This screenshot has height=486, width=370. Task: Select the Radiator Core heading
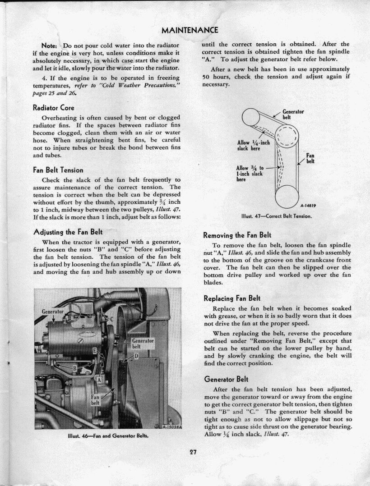53,108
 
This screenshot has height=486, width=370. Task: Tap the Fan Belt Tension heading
58,170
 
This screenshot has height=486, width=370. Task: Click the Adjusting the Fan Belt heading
68,232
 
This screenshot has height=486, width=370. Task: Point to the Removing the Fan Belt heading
237,235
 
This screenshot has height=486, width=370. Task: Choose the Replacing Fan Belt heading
232,298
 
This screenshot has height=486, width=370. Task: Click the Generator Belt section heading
226,379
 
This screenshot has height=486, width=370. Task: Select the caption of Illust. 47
277,216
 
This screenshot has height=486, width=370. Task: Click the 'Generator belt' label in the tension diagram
293,115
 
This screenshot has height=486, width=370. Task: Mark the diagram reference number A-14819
309,206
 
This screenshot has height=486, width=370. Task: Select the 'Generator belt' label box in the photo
143,344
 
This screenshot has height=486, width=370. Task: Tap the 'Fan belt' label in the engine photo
95,400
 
